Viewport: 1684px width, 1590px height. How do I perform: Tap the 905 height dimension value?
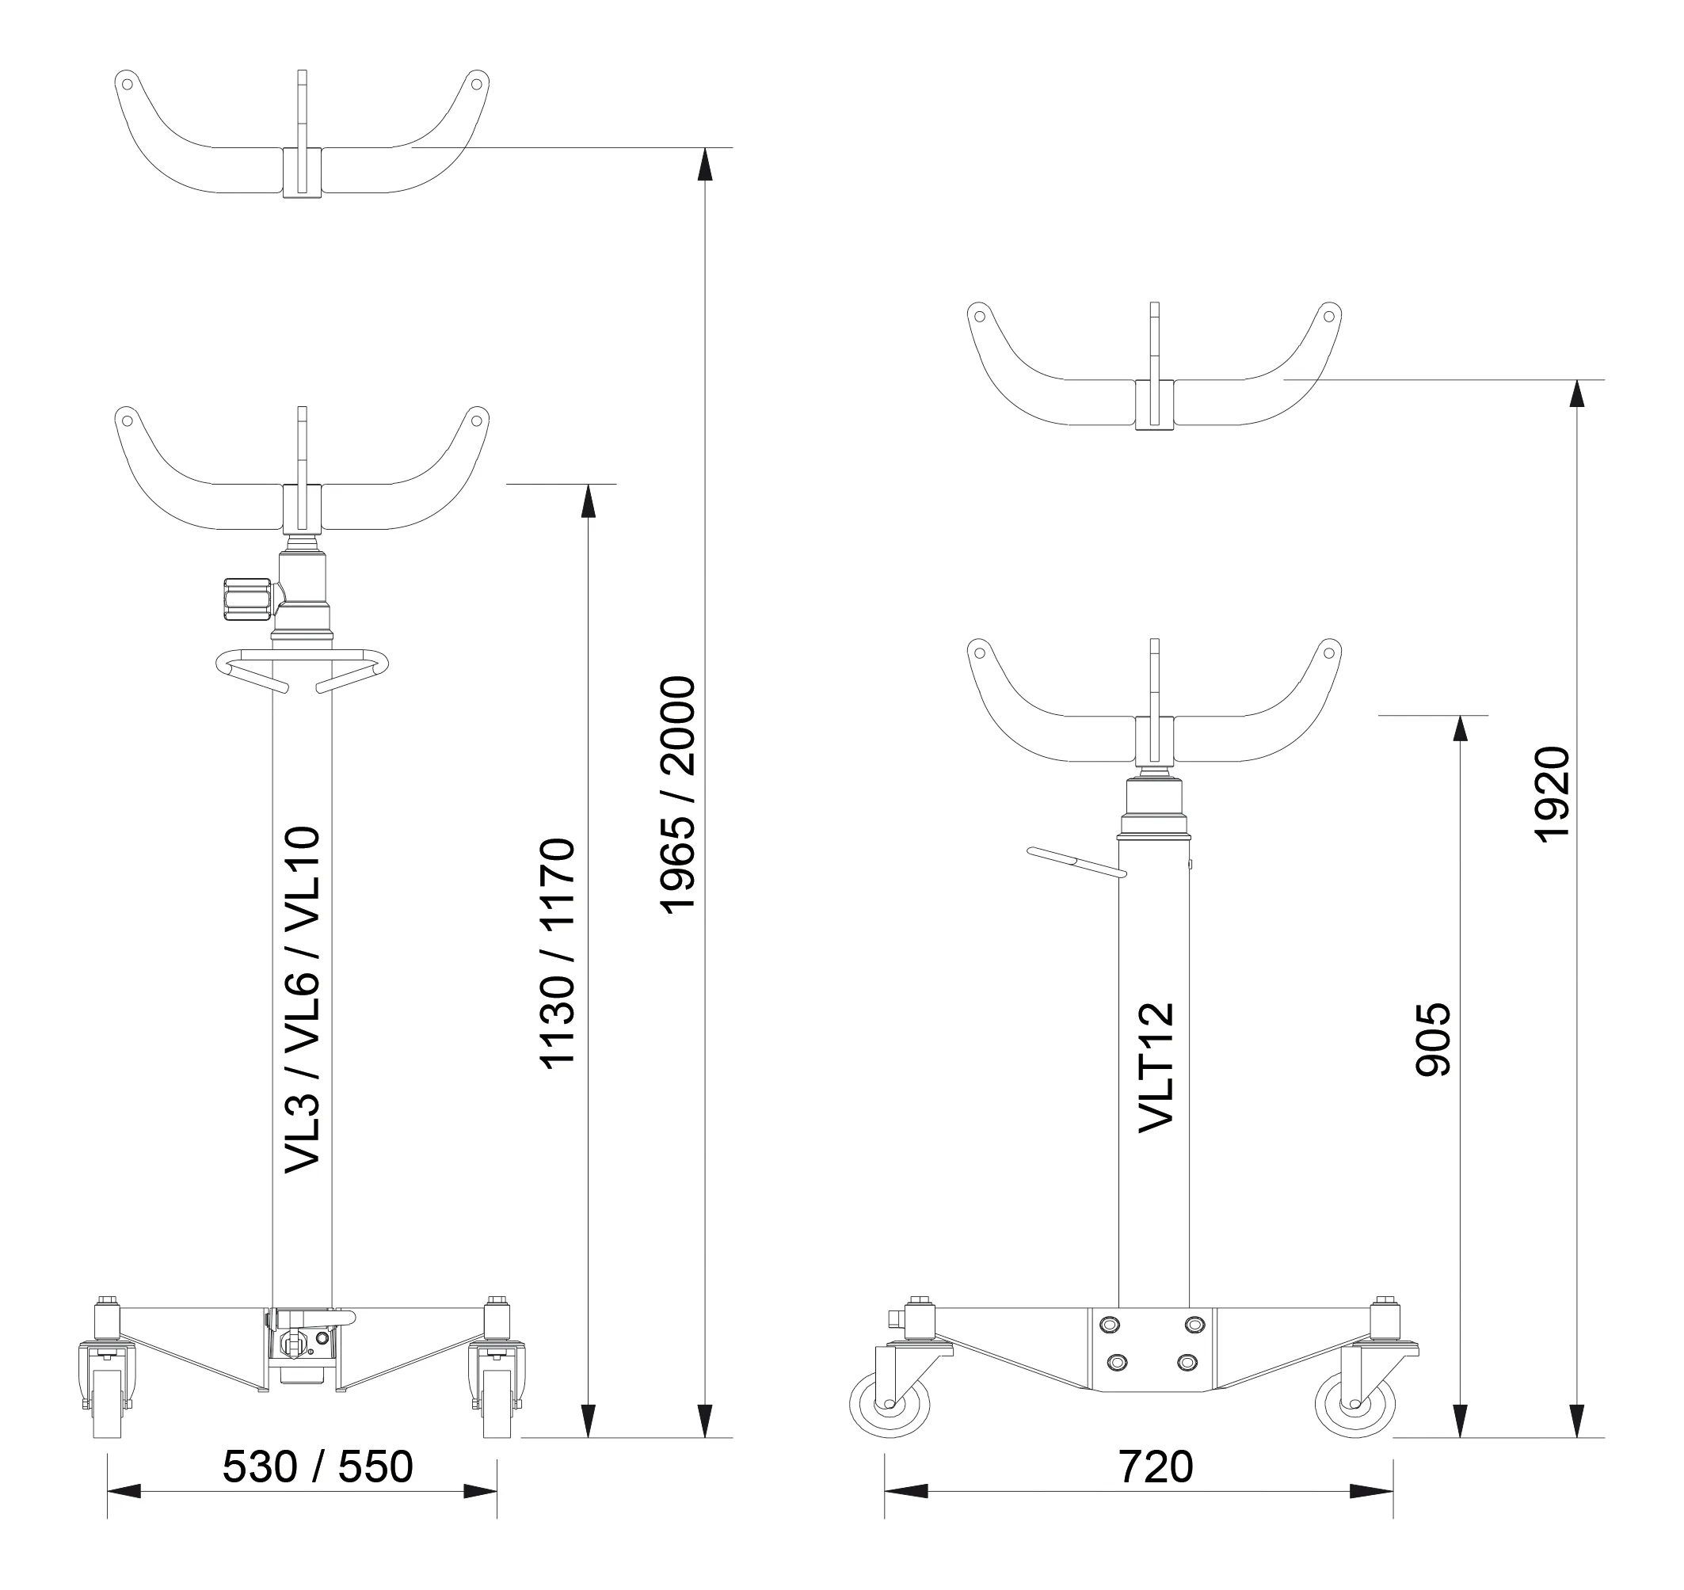pos(1434,1040)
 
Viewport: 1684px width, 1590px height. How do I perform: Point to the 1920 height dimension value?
pos(1553,795)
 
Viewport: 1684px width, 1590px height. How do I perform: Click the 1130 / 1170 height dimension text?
pos(558,953)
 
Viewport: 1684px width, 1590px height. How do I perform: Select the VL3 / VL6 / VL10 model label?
pos(302,1000)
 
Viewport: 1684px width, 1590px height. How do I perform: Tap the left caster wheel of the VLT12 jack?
pos(890,1406)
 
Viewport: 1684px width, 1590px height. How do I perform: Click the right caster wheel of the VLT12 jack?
pos(1355,1406)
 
